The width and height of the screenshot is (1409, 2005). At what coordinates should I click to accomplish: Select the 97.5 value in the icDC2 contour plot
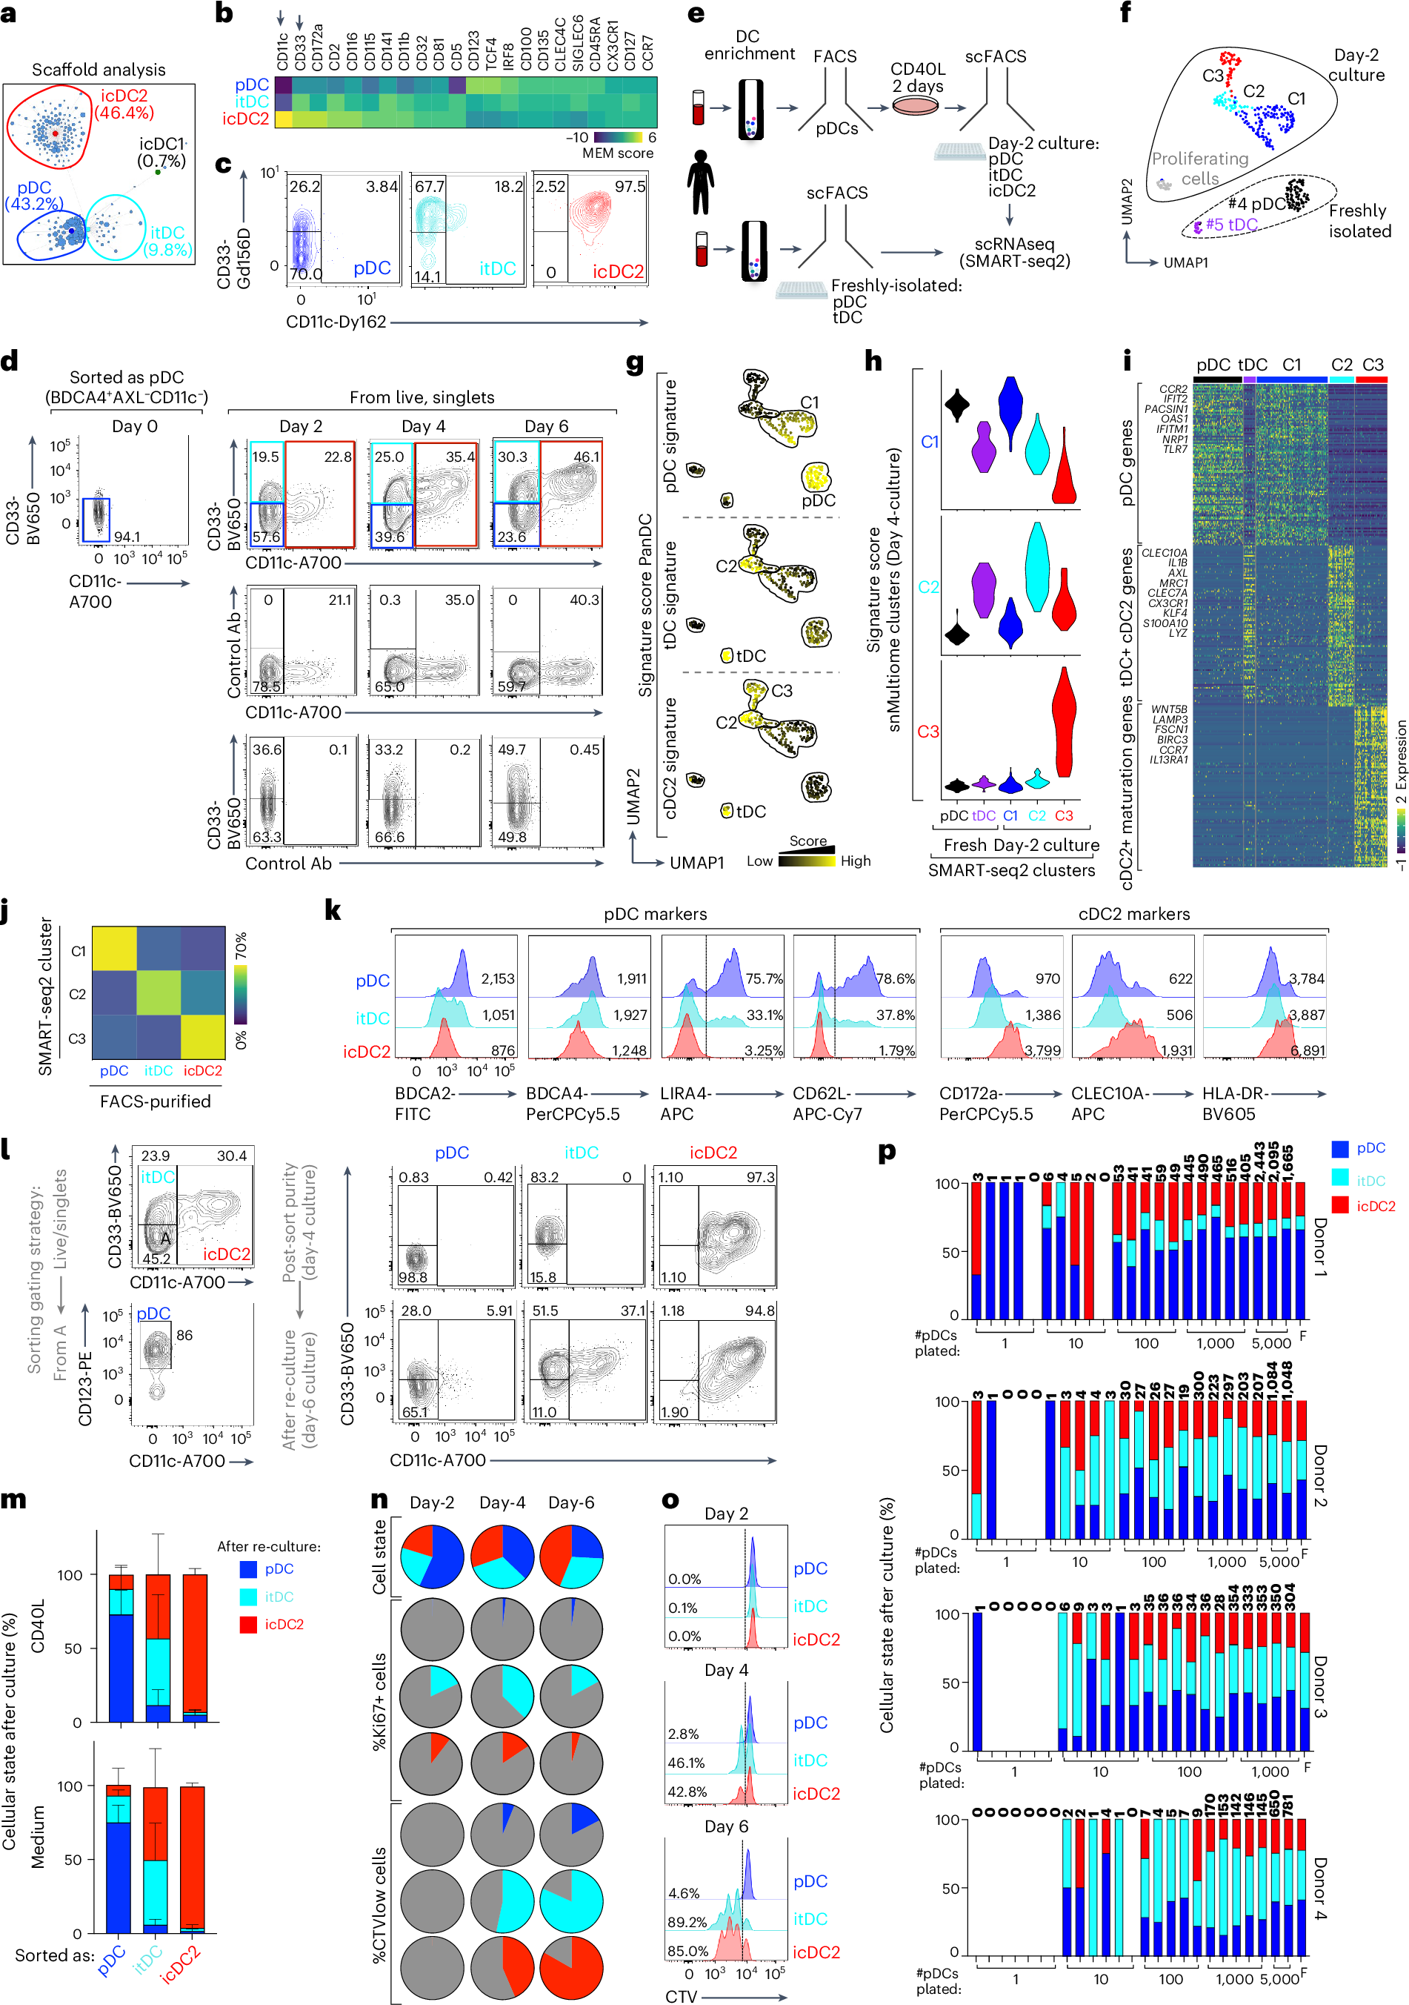point(630,187)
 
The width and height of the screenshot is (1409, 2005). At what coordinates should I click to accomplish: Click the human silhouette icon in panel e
point(700,182)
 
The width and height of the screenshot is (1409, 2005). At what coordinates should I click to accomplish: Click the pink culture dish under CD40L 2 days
point(916,107)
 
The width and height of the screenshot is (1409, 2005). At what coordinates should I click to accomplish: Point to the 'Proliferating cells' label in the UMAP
point(1200,168)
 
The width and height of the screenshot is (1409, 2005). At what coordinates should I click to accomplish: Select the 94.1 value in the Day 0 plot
point(127,536)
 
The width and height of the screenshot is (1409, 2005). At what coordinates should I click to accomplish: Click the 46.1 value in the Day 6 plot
point(586,457)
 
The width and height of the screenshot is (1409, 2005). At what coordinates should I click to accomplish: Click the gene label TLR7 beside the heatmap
point(1175,449)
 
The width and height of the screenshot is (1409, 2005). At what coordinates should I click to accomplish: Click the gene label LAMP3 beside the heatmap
point(1170,720)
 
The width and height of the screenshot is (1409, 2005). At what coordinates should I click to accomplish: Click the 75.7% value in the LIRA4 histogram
point(764,979)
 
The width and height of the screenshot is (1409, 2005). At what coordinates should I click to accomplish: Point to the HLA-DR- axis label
point(1235,1093)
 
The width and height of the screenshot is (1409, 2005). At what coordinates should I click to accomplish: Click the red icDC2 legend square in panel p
point(1340,1206)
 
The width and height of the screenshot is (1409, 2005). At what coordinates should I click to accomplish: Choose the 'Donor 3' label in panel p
point(1319,1688)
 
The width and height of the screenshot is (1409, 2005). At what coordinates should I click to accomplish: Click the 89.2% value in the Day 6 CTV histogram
point(687,1922)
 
